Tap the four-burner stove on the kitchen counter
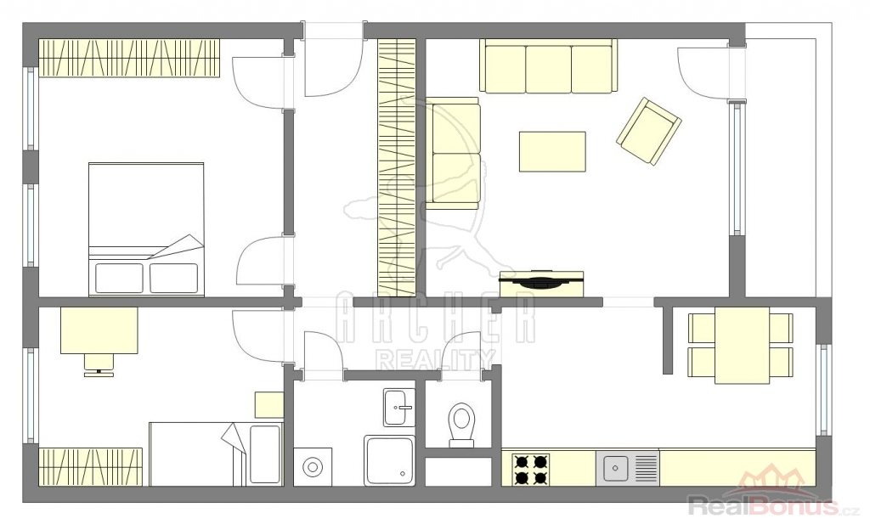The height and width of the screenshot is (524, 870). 532,469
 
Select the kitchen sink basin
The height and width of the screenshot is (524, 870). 615,469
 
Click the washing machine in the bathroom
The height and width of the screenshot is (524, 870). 313,467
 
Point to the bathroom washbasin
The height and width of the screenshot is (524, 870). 399,408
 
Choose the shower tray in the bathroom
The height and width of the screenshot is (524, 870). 389,461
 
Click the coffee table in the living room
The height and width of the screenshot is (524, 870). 552,151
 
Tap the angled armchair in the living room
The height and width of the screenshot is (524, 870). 649,132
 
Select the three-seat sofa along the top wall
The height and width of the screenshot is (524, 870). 548,66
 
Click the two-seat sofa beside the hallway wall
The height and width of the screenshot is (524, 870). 453,154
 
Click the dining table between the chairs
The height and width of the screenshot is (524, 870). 742,345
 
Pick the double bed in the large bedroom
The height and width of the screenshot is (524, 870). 146,229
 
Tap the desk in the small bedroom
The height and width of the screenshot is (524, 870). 99,330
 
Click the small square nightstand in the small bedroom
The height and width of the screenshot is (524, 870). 269,405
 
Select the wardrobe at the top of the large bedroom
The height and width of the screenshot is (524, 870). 129,59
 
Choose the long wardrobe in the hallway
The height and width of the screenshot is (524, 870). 397,167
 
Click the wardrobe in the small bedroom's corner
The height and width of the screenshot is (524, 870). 90,467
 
